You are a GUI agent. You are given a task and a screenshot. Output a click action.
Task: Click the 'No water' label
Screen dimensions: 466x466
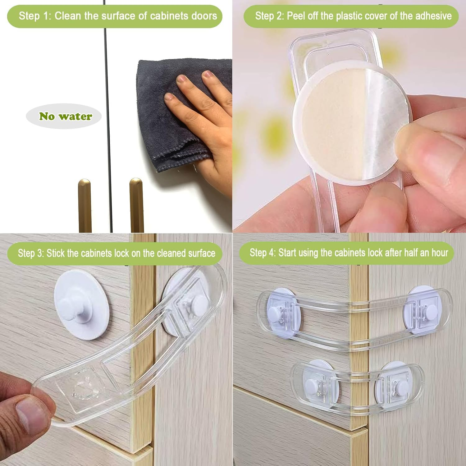[x=66, y=116]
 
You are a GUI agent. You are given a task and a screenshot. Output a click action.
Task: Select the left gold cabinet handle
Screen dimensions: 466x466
[x=85, y=205]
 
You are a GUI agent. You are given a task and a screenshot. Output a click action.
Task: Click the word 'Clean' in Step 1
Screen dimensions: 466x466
[x=68, y=16]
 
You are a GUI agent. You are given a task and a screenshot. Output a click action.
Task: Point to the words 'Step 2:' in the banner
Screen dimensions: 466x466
[x=269, y=16]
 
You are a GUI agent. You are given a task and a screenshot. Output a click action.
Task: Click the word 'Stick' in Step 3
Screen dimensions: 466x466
[x=56, y=253]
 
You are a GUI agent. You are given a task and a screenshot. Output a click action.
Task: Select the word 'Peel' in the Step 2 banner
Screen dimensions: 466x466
[x=296, y=16]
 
